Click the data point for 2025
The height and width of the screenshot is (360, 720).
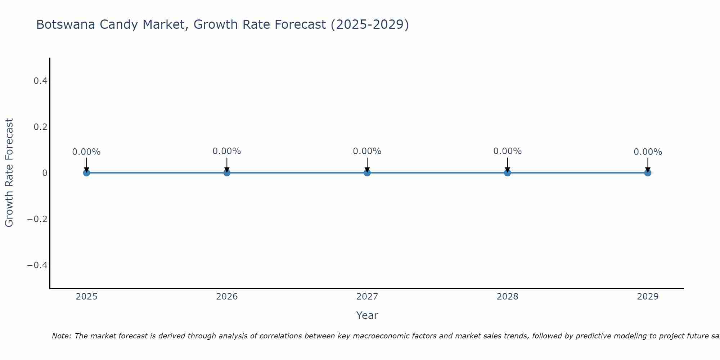click(x=86, y=173)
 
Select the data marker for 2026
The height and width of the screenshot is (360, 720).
click(x=227, y=173)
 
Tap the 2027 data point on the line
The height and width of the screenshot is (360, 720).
click(x=367, y=173)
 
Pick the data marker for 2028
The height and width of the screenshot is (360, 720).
click(x=507, y=173)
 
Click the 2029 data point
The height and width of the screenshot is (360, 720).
click(x=648, y=173)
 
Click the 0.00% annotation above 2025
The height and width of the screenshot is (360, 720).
click(x=86, y=152)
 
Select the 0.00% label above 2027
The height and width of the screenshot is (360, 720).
click(x=367, y=151)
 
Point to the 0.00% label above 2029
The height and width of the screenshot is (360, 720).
click(x=648, y=152)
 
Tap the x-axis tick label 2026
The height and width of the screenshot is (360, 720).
click(x=227, y=297)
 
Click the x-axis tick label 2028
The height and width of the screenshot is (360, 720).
click(x=507, y=297)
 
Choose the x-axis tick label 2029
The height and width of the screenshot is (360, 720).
click(x=648, y=297)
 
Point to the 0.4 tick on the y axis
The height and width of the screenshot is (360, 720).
click(x=41, y=81)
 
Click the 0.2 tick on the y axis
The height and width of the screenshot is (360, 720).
click(x=41, y=127)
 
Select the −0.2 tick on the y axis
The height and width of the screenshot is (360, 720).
click(x=37, y=219)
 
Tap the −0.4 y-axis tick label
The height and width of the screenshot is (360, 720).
click(x=37, y=265)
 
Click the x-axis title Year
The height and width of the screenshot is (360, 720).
click(x=367, y=316)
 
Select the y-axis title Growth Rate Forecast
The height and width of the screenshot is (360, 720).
click(x=9, y=173)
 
